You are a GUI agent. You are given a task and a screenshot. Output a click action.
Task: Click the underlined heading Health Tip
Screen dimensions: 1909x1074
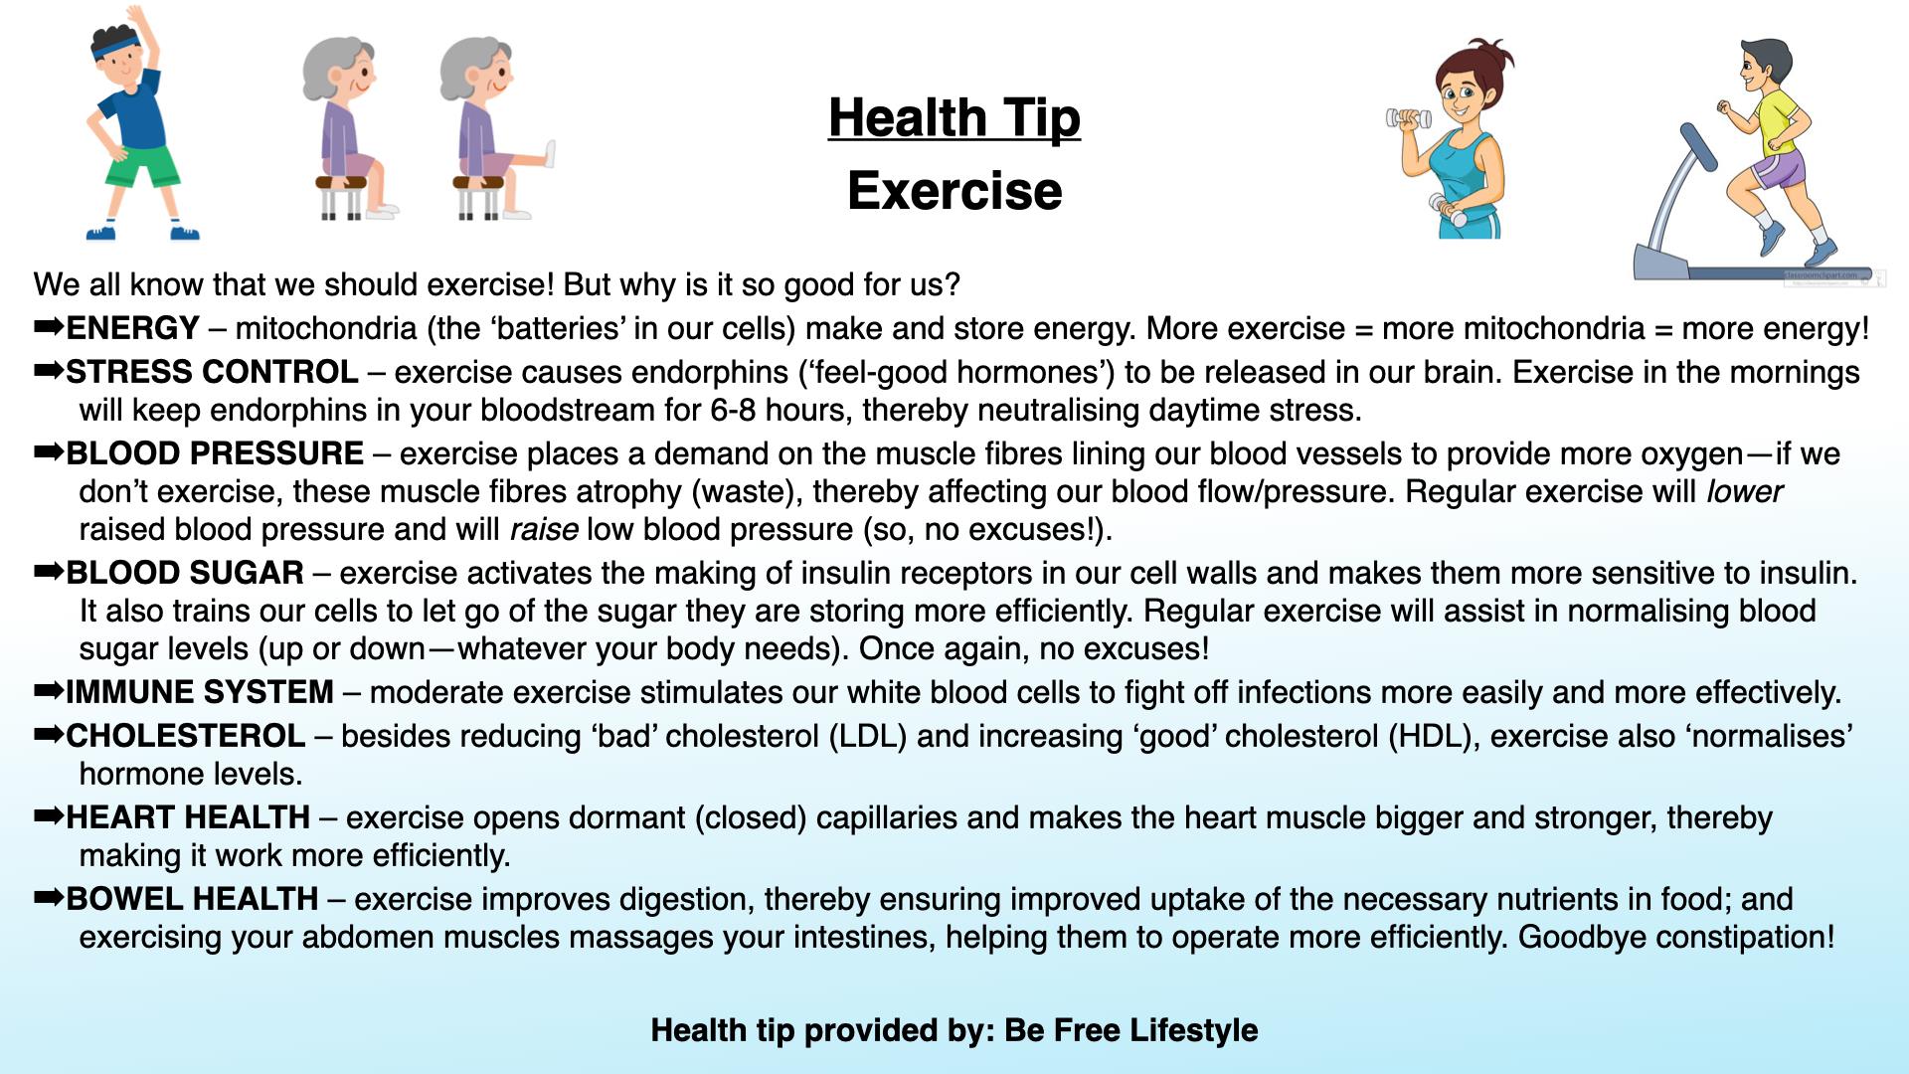[x=954, y=118]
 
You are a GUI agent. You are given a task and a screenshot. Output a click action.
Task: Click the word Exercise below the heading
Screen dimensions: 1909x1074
[x=954, y=191]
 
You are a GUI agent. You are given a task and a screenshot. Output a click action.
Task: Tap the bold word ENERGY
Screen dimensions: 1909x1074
[x=133, y=328]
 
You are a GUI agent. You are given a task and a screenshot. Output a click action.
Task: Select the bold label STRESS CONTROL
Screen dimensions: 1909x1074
[x=212, y=372]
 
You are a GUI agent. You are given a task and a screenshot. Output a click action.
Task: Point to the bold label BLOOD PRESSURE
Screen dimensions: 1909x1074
[x=215, y=453]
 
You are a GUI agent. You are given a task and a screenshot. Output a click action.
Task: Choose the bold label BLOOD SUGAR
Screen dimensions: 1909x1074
[x=185, y=573]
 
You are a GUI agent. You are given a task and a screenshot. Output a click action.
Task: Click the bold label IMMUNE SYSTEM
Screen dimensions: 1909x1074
[x=200, y=692]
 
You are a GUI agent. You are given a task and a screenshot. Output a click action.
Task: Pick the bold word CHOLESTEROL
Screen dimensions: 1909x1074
[x=186, y=736]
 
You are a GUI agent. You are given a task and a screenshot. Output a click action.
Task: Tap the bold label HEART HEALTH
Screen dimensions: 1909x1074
[x=188, y=817]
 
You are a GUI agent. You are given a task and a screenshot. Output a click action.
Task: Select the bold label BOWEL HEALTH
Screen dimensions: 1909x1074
[x=192, y=899]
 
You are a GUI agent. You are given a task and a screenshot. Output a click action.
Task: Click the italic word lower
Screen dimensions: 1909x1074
[x=1744, y=491]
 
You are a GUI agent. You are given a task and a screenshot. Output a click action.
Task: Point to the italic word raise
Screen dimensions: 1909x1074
[x=544, y=529]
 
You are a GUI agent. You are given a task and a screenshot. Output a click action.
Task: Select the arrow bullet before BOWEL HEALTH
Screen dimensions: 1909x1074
[x=49, y=899]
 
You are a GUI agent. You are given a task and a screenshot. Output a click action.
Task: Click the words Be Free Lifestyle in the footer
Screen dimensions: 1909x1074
[x=1131, y=1030]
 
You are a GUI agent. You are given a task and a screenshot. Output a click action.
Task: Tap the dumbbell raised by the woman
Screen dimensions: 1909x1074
[x=1409, y=119]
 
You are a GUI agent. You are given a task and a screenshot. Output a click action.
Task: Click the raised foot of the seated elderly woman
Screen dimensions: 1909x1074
[x=549, y=155]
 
